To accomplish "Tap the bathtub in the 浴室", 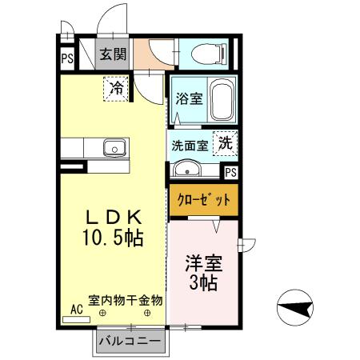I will coord(220,101).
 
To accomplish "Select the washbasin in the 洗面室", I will coord(186,170).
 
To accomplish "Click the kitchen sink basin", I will coord(114,148).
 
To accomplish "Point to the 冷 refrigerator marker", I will coord(117,87).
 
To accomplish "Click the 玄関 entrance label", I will coord(112,55).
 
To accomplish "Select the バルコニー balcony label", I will coord(130,342).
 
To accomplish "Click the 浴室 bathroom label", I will coord(189,98).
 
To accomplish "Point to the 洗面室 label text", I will coord(190,146).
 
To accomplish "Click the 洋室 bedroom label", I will coord(204,263).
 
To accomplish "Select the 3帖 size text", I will coord(204,282).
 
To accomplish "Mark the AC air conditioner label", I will coord(77,309).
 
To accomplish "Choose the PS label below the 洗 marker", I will coord(231,172).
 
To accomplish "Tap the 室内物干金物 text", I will coord(126,301).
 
